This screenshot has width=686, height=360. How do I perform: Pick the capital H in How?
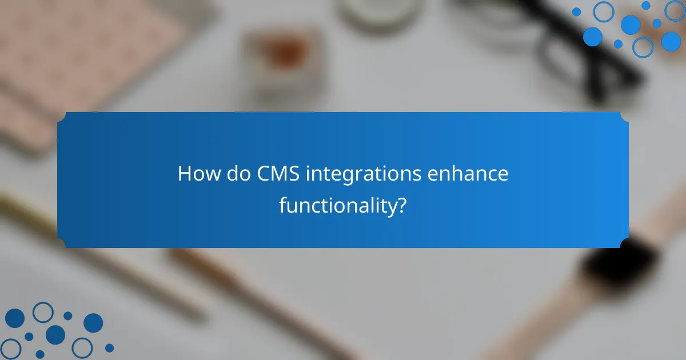click(x=184, y=174)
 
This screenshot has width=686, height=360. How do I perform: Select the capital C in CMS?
click(x=262, y=174)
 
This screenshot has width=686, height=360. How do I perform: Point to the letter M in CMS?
click(x=278, y=174)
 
